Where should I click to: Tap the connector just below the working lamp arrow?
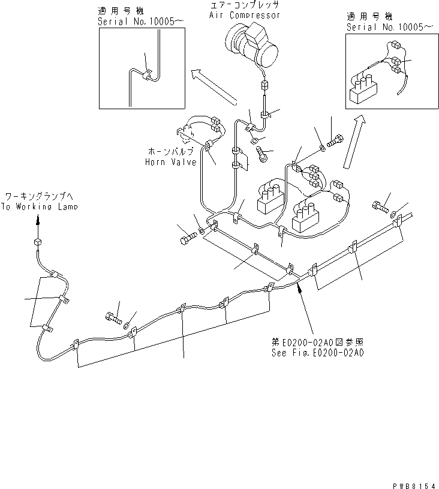point(37,242)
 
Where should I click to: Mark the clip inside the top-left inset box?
point(148,76)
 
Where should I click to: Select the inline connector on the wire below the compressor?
point(263,86)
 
